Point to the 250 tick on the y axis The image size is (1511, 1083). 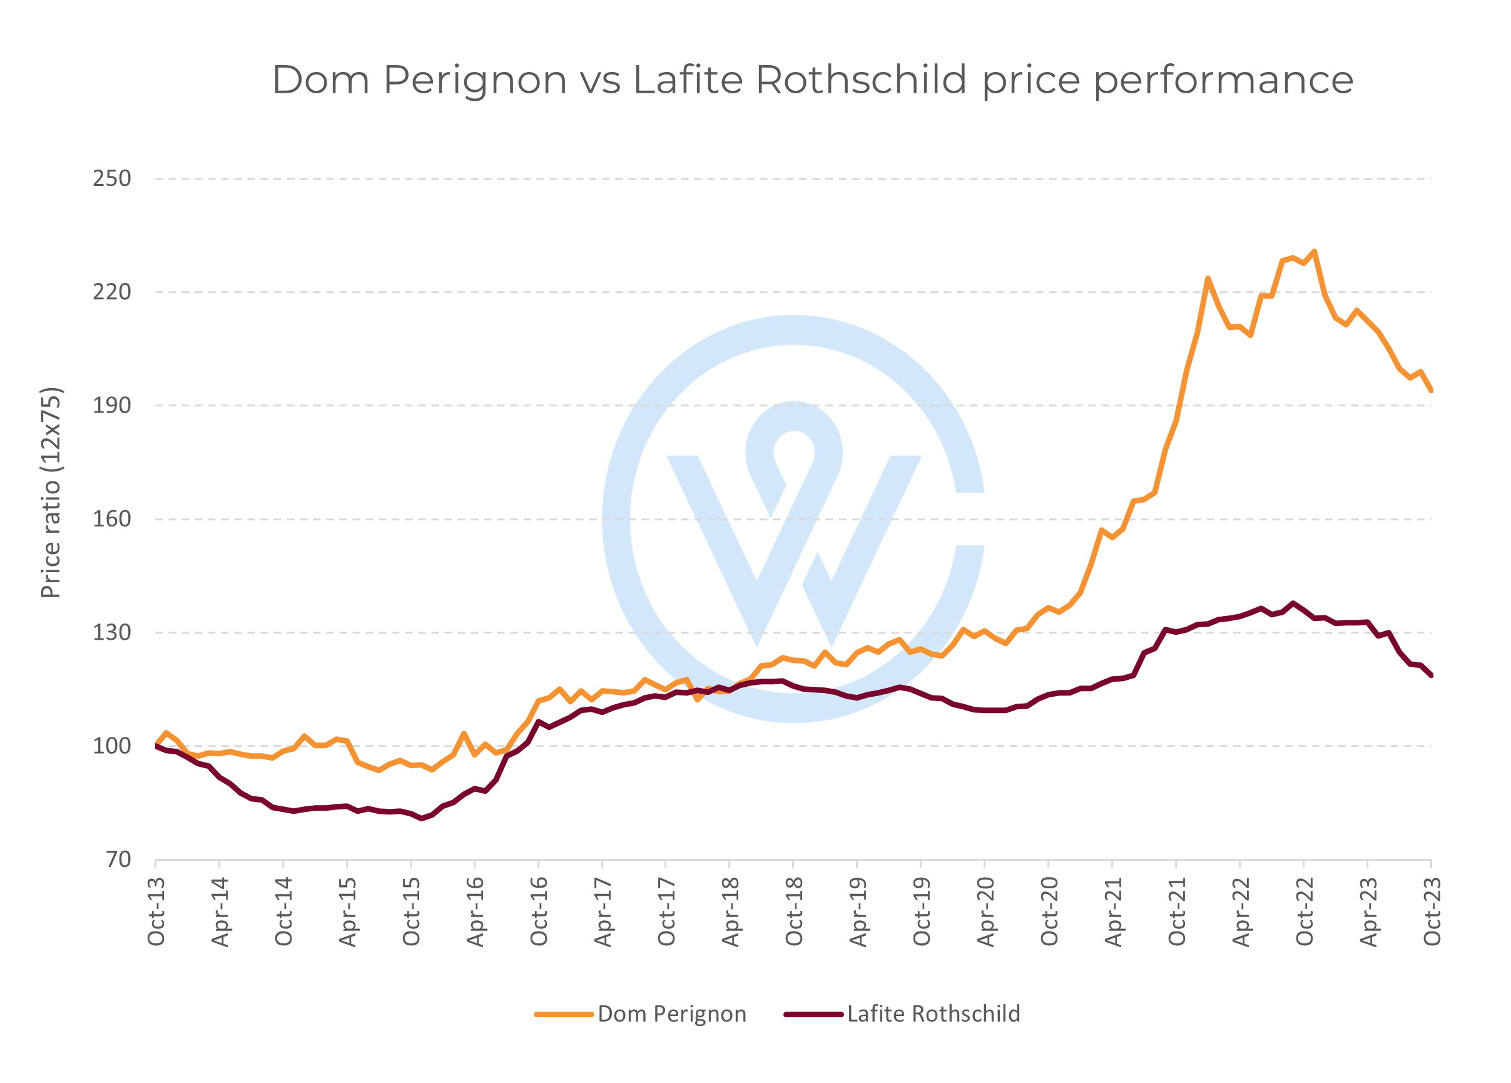click(111, 178)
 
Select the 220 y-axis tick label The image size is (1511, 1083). click(111, 292)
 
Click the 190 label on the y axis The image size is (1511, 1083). click(111, 405)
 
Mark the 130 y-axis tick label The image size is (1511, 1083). click(111, 632)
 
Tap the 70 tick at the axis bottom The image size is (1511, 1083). click(119, 860)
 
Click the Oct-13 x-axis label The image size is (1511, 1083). click(156, 911)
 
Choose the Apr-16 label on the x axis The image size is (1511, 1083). click(475, 911)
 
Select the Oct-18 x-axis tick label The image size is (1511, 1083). click(793, 911)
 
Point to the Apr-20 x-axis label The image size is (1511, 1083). click(985, 911)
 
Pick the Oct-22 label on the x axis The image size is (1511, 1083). click(1304, 911)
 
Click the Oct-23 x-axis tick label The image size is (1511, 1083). click(1432, 911)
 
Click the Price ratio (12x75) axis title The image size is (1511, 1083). click(51, 493)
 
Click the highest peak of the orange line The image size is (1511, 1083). click(1315, 252)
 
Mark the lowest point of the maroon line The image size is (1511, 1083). click(422, 818)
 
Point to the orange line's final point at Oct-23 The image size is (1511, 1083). click(1431, 390)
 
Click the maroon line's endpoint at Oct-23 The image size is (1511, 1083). click(1431, 675)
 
